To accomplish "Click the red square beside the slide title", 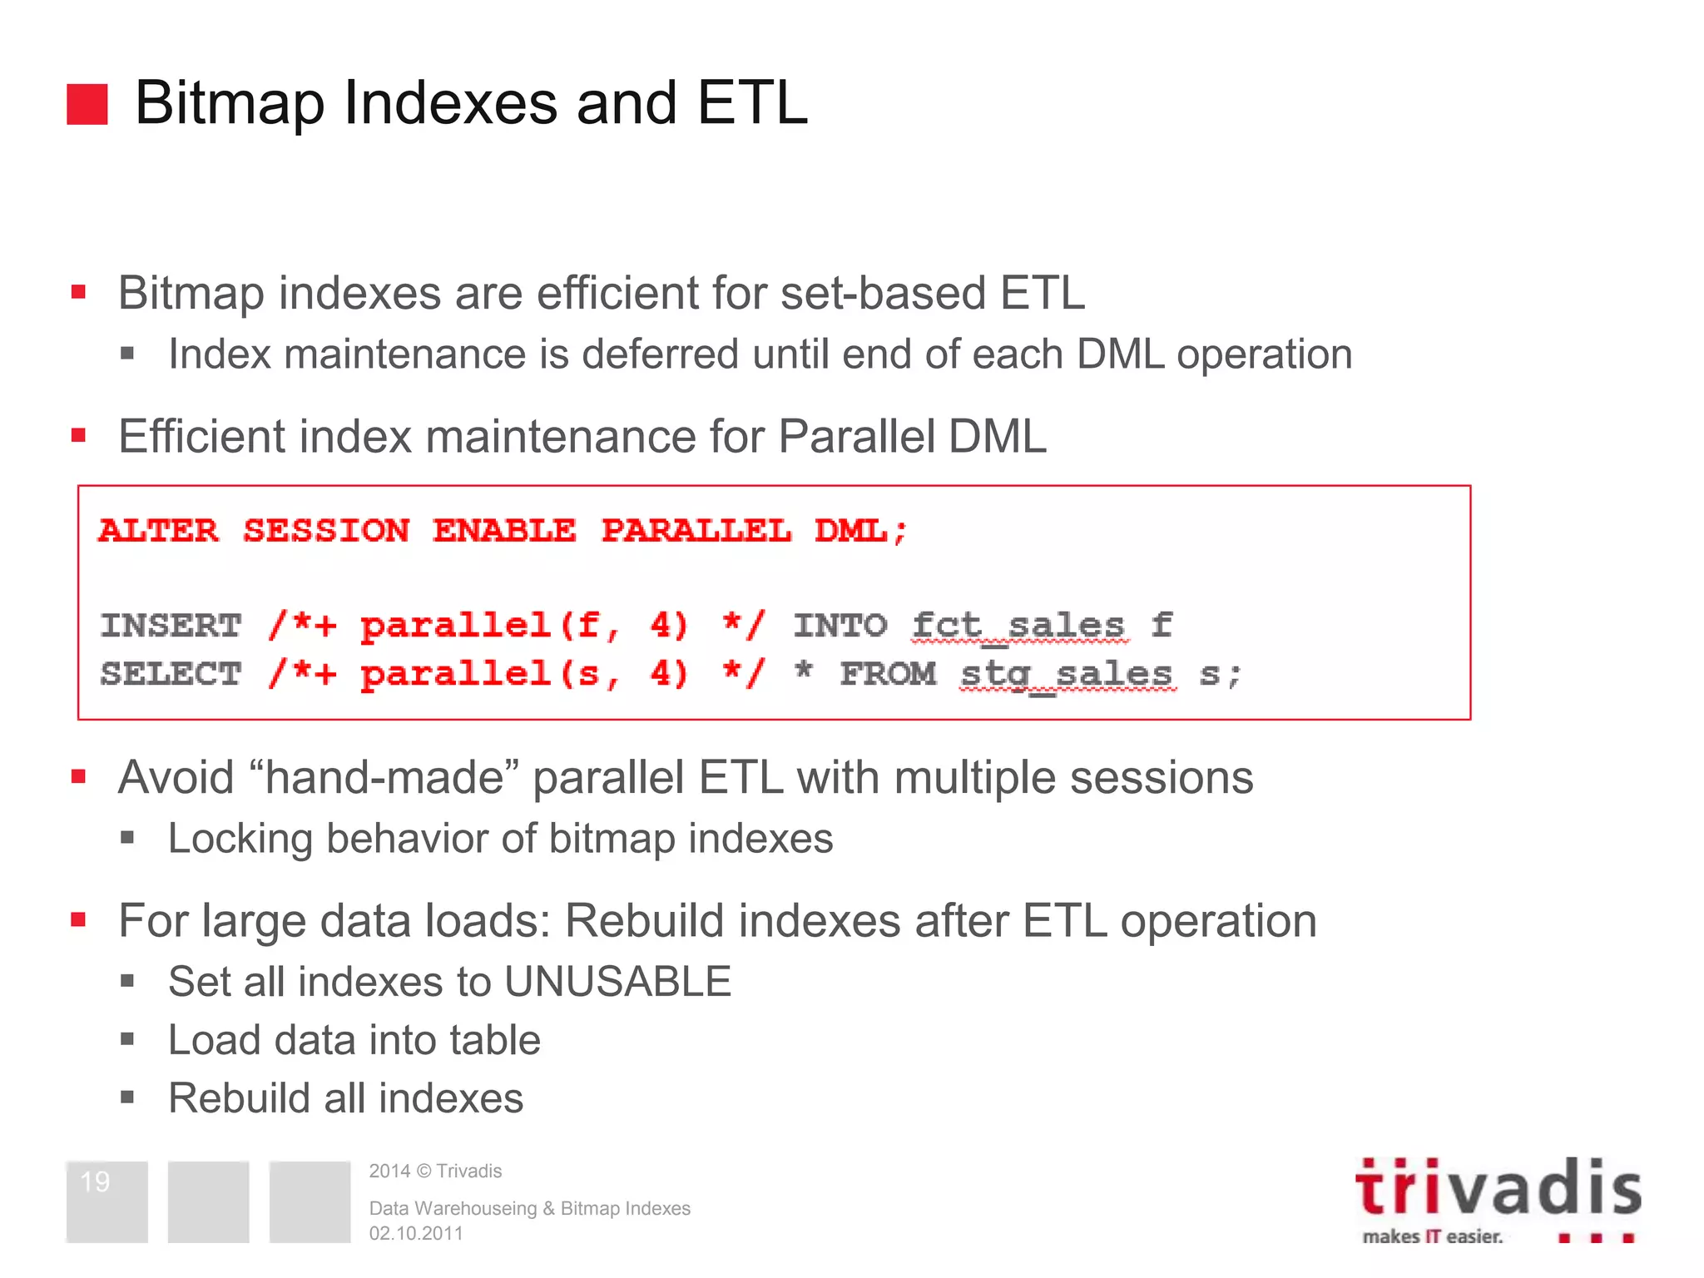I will pos(87,104).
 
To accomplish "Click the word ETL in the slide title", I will pos(752,103).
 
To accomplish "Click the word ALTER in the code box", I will pos(158,531).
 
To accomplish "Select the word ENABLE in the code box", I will pos(504,531).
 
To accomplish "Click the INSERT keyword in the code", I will pos(171,626).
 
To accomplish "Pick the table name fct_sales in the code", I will pos(1019,626).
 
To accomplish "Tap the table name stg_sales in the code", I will pos(1068,674).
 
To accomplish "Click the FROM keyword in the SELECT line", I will pos(888,674).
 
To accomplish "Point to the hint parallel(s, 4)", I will pos(524,674).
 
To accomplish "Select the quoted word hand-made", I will pos(384,777).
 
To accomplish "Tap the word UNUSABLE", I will pos(617,982).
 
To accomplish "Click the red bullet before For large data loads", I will pos(79,919).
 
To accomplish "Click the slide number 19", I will pos(95,1181).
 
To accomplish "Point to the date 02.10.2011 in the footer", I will pos(416,1233).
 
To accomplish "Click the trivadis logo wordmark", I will pos(1498,1188).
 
